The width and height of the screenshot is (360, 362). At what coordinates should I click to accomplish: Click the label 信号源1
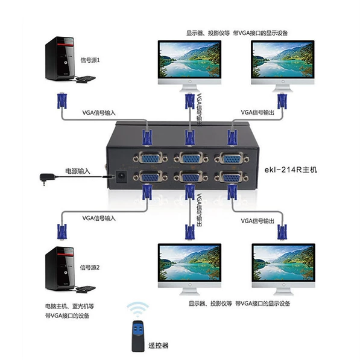[90, 60]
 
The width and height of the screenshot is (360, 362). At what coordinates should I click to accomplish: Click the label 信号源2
[90, 267]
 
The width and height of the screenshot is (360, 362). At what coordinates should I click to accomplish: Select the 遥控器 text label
[158, 345]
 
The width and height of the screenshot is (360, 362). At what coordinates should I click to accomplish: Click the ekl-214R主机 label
[291, 170]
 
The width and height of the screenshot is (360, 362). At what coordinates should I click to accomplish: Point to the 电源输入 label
[78, 171]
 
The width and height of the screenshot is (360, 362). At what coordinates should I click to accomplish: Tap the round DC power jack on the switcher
[121, 177]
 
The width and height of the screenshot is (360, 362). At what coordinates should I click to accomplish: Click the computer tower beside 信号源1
[60, 58]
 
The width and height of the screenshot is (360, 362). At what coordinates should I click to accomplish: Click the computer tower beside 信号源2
[60, 268]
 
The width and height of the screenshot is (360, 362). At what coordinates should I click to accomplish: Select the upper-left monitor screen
[189, 60]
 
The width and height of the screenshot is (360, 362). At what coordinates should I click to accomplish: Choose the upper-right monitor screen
[283, 60]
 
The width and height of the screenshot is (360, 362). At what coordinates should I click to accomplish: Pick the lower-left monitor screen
[190, 263]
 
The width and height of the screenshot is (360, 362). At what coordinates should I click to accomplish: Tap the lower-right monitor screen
[283, 263]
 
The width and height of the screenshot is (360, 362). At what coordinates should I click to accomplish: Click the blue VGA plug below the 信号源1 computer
[62, 101]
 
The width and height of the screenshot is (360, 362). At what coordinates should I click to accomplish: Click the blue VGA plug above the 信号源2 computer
[62, 232]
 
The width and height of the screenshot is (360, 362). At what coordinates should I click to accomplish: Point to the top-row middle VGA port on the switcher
[191, 159]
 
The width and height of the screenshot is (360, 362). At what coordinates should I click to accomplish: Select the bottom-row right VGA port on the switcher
[232, 177]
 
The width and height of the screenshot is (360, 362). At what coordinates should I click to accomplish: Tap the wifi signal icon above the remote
[137, 309]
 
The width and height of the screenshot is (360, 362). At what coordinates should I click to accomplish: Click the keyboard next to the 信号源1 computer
[86, 79]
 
